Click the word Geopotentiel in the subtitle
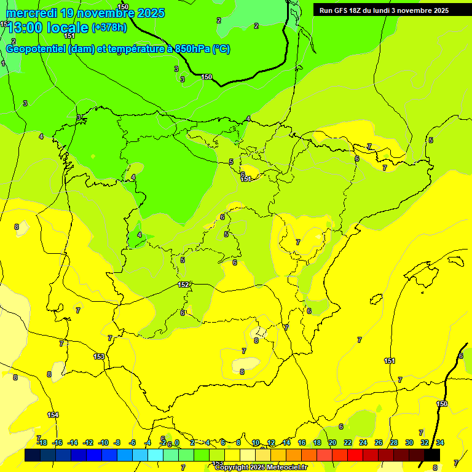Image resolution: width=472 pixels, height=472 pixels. point(36,49)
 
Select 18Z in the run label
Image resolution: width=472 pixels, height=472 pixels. point(358,10)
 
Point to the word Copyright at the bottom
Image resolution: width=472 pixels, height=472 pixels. point(232,468)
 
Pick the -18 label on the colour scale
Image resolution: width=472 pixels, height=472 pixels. point(42,442)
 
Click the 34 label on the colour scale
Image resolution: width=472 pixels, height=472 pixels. point(440,442)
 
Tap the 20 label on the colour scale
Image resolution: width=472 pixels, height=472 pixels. point(332,442)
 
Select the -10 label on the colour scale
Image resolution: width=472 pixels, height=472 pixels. point(103,442)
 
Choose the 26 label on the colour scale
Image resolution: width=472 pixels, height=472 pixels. point(379,442)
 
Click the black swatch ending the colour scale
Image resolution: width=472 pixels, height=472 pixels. point(432,455)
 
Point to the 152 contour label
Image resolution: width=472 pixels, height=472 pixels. point(183,285)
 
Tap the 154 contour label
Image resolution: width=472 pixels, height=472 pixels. point(53,415)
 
